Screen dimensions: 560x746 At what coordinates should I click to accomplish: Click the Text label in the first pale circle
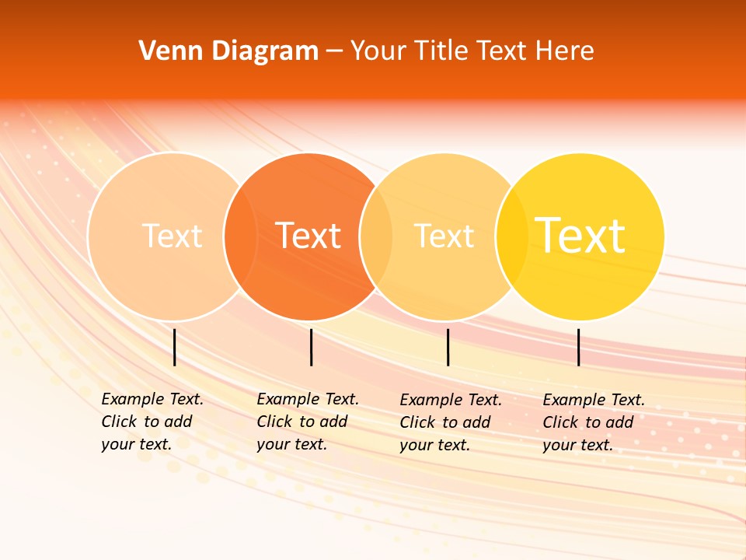[x=172, y=236]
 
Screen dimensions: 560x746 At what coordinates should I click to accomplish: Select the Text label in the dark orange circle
[x=309, y=236]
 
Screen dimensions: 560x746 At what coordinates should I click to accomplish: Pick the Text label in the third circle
[x=444, y=236]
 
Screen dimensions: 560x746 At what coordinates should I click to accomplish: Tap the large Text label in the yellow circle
[x=580, y=236]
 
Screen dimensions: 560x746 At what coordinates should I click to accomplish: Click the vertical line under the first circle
[x=175, y=347]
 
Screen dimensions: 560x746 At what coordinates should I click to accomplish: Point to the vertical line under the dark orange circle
[x=311, y=347]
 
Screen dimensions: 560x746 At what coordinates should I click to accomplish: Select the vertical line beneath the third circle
[x=448, y=347]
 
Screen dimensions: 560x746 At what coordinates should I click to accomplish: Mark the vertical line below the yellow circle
[x=579, y=347]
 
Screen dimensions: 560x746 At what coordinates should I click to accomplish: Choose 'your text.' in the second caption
[x=291, y=444]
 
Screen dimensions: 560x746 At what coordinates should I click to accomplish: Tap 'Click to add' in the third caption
[x=444, y=422]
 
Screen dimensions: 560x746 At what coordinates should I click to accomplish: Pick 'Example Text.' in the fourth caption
[x=594, y=400]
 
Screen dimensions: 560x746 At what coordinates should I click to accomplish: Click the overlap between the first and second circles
[x=240, y=236]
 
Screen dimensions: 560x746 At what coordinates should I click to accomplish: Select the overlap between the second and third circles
[x=376, y=236]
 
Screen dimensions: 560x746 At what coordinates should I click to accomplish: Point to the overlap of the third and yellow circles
[x=512, y=236]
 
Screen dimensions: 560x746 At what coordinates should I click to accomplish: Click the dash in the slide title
[x=334, y=51]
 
